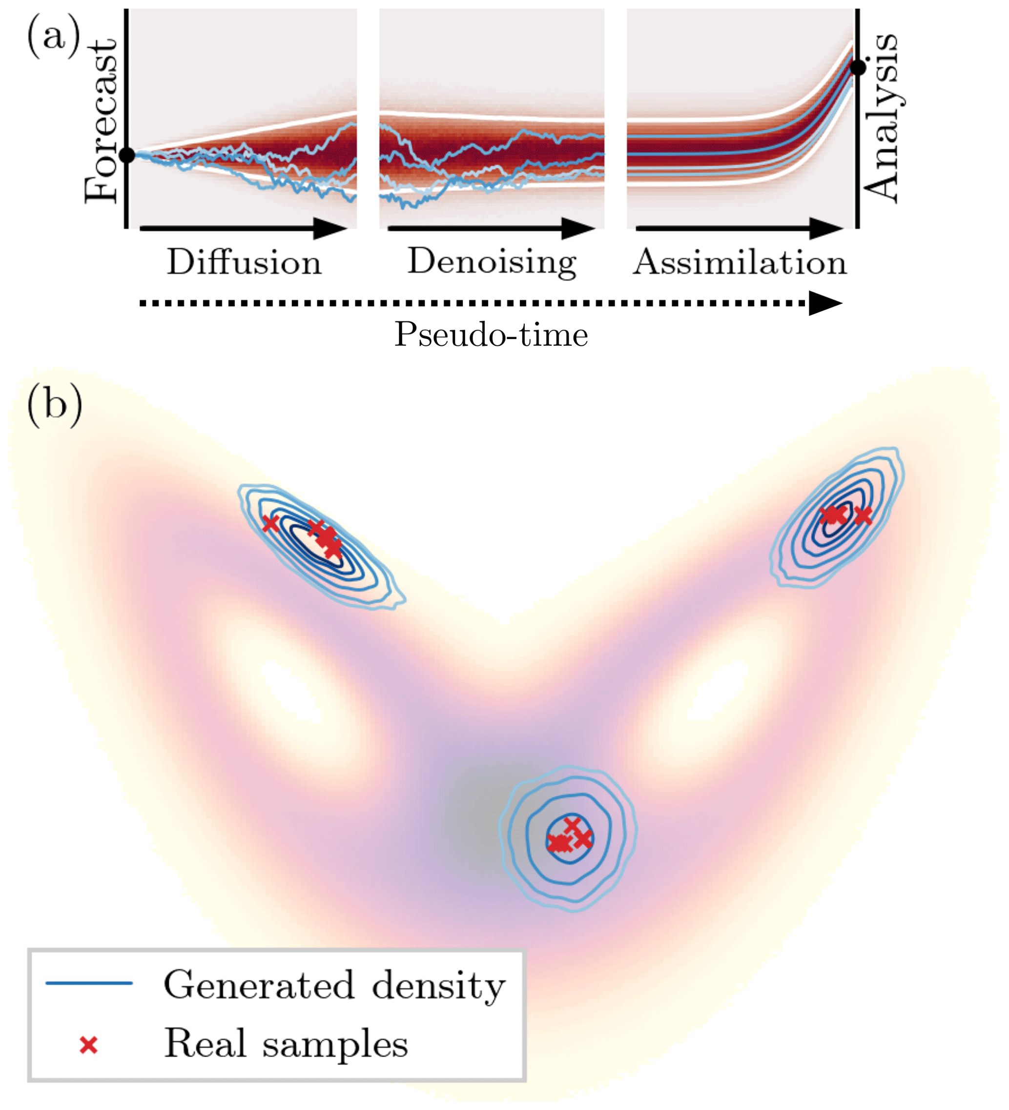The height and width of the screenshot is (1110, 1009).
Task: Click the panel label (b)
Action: click(55, 406)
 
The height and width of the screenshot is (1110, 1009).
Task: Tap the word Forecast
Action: click(102, 121)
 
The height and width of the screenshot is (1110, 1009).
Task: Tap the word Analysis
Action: click(881, 119)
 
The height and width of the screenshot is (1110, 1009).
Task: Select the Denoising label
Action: click(492, 262)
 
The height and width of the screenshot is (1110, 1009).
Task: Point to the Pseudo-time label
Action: click(491, 334)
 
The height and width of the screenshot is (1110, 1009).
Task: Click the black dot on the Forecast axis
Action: click(127, 155)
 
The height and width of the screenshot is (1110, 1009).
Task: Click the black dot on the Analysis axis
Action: click(858, 68)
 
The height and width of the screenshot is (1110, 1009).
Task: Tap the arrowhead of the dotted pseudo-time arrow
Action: click(825, 303)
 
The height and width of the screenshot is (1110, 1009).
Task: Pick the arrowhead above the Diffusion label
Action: click(329, 228)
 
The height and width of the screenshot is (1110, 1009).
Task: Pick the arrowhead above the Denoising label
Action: click(577, 228)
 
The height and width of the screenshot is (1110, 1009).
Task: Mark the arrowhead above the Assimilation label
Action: click(825, 228)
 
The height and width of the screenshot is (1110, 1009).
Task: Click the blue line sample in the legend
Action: click(89, 983)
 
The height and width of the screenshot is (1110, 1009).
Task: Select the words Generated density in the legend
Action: click(334, 985)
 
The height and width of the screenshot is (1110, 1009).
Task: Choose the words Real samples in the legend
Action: click(286, 1043)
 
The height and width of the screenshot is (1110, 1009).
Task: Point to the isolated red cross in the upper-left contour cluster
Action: click(269, 523)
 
